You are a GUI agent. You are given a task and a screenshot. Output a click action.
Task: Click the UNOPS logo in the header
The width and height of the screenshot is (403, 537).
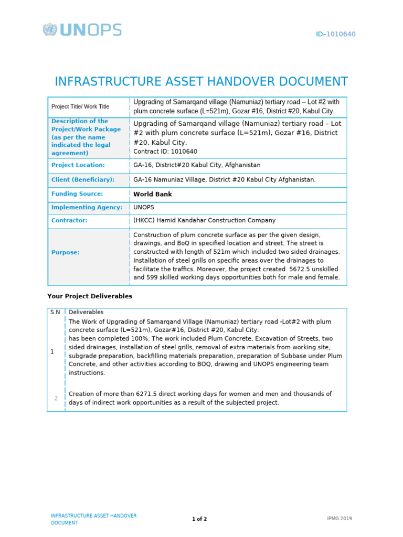click(x=82, y=30)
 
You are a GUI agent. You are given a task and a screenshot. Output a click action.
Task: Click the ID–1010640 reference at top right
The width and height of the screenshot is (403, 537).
click(x=335, y=34)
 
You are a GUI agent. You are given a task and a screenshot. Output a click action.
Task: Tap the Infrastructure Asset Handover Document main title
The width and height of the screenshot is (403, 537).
click(x=201, y=82)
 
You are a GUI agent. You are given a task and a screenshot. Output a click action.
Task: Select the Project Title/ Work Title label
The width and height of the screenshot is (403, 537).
click(x=80, y=106)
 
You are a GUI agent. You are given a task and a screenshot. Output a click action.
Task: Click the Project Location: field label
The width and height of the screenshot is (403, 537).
click(x=78, y=165)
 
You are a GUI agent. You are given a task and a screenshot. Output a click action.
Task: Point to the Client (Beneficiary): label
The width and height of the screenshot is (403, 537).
click(x=83, y=179)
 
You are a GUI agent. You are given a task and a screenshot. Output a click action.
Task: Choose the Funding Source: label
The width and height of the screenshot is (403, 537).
click(x=77, y=194)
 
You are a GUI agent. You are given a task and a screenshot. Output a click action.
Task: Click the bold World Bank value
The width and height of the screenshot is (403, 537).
click(x=153, y=194)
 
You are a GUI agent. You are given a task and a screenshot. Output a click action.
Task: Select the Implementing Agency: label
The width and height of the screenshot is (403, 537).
click(x=87, y=207)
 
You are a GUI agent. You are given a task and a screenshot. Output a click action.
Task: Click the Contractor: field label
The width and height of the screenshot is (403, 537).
click(x=69, y=220)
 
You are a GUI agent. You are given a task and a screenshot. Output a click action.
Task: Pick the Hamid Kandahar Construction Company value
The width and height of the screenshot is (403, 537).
click(x=204, y=220)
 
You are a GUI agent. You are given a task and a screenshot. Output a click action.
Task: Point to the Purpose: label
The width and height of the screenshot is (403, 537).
click(x=66, y=252)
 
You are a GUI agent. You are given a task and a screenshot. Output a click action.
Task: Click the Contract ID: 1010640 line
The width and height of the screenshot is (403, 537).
click(x=165, y=152)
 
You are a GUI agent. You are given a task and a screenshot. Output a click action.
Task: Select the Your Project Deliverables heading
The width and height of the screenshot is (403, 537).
click(x=90, y=296)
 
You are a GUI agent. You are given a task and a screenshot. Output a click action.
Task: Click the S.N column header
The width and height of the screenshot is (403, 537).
click(x=55, y=312)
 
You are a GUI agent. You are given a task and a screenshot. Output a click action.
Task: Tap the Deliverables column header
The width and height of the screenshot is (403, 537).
click(x=86, y=312)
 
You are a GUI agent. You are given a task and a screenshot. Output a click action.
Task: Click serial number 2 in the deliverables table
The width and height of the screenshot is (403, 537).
click(x=56, y=398)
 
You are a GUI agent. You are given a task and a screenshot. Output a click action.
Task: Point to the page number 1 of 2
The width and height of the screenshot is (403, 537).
click(x=199, y=519)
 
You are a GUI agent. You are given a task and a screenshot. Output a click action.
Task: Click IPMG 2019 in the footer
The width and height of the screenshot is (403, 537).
click(x=339, y=519)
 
